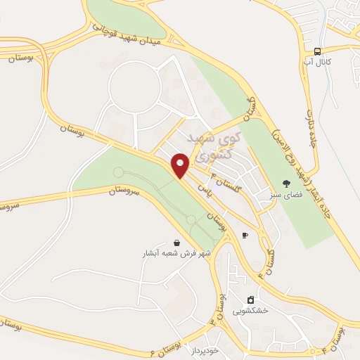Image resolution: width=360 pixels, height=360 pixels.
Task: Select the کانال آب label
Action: click(319, 62)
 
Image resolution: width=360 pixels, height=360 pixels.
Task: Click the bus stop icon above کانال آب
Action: click(318, 51)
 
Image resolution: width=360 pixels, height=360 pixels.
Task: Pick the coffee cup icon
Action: click(245, 235)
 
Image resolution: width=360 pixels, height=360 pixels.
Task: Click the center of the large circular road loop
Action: click(136, 88)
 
